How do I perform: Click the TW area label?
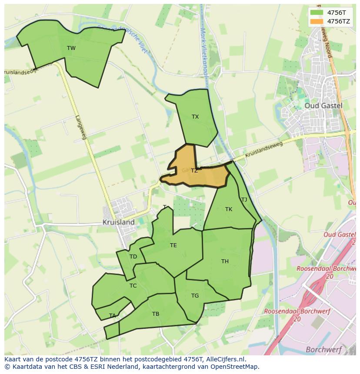pyautogui.click(x=71, y=48)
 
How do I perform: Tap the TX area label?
pyautogui.click(x=195, y=117)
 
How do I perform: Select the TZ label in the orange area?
pyautogui.click(x=194, y=171)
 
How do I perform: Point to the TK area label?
pyautogui.click(x=229, y=209)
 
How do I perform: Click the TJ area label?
pyautogui.click(x=244, y=200)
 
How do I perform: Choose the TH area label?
pyautogui.click(x=225, y=261)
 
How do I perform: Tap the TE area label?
pyautogui.click(x=173, y=245)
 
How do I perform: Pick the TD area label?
pyautogui.click(x=133, y=257)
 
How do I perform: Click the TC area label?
pyautogui.click(x=133, y=286)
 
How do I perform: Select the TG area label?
pyautogui.click(x=195, y=296)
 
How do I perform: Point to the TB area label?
pyautogui.click(x=156, y=314)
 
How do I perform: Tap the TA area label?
pyautogui.click(x=113, y=316)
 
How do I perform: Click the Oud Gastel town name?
pyautogui.click(x=323, y=106)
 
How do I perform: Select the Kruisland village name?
pyautogui.click(x=118, y=222)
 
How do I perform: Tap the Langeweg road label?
pyautogui.click(x=81, y=127)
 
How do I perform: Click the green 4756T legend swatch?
pyautogui.click(x=317, y=13)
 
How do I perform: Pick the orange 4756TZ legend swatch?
pyautogui.click(x=317, y=21)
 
